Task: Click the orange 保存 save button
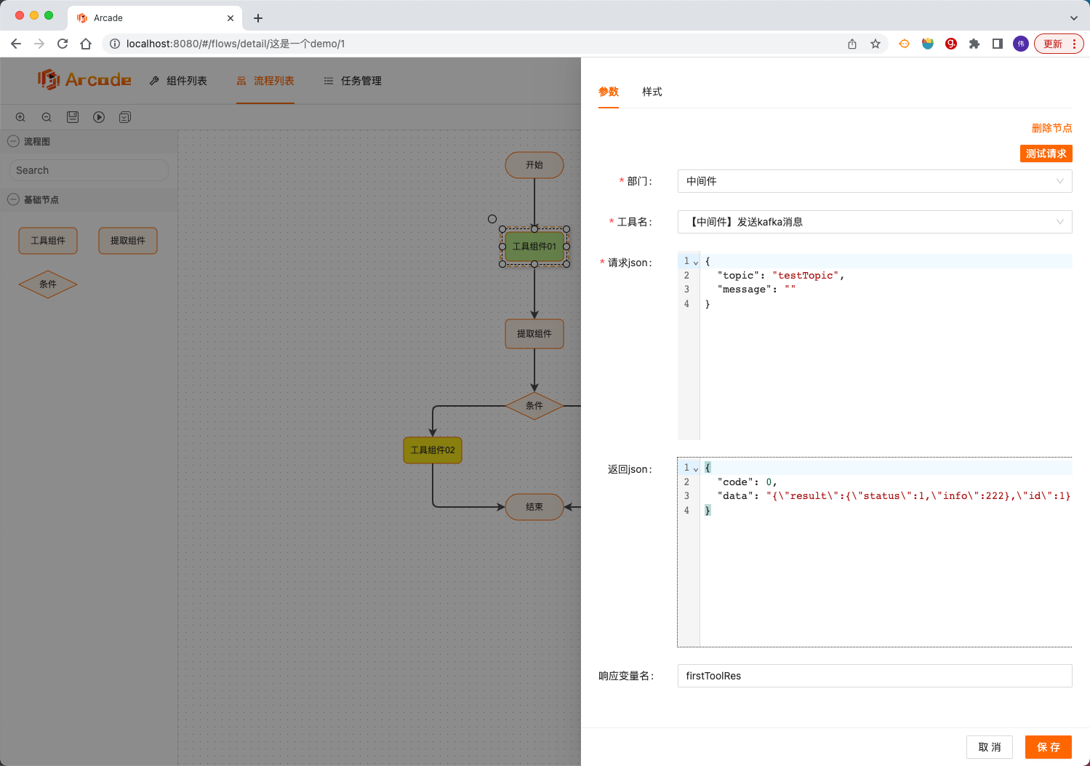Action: pos(1049,747)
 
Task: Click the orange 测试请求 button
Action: pos(1046,153)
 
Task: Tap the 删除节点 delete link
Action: pos(1051,128)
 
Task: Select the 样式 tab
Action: pos(652,92)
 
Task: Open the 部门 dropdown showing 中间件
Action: pos(874,181)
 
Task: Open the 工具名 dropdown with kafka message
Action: pos(874,222)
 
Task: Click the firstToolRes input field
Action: pos(874,676)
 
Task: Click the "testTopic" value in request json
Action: pos(806,276)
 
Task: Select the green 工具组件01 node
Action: pos(534,247)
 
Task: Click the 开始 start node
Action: pos(534,165)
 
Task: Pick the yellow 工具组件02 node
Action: pos(433,450)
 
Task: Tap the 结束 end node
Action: pos(534,507)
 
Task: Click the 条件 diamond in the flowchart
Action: pos(534,406)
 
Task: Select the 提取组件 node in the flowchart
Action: pos(534,334)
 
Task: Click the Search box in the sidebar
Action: pos(89,170)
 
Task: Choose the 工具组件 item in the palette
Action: pos(48,241)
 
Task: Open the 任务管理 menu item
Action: pos(353,81)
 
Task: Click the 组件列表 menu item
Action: pos(179,81)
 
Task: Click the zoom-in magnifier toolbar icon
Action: pos(20,117)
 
